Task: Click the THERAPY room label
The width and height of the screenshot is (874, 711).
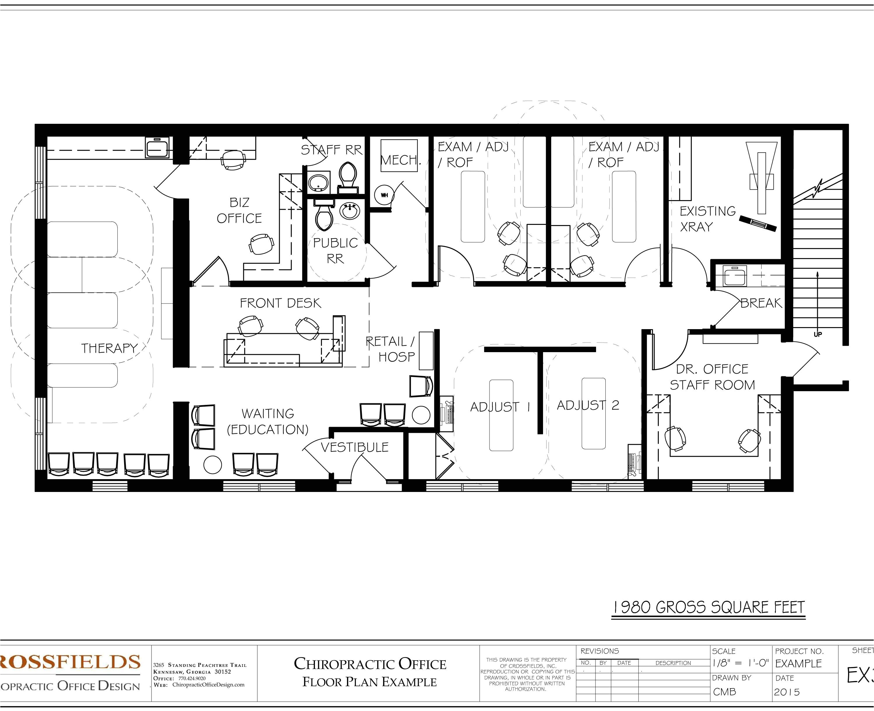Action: (x=109, y=348)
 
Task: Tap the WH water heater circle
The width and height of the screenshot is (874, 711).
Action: (x=384, y=195)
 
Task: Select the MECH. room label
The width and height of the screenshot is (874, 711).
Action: (x=400, y=160)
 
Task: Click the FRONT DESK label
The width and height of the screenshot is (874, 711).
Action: (x=280, y=303)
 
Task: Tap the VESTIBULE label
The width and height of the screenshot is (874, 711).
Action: (x=354, y=447)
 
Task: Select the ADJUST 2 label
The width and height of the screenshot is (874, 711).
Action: (x=588, y=405)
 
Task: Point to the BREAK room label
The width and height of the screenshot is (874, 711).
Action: (x=761, y=303)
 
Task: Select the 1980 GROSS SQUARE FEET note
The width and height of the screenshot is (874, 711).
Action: (x=709, y=607)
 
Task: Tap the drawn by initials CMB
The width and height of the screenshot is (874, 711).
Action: (x=725, y=692)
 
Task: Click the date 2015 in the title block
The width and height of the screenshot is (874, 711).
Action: (x=787, y=692)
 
